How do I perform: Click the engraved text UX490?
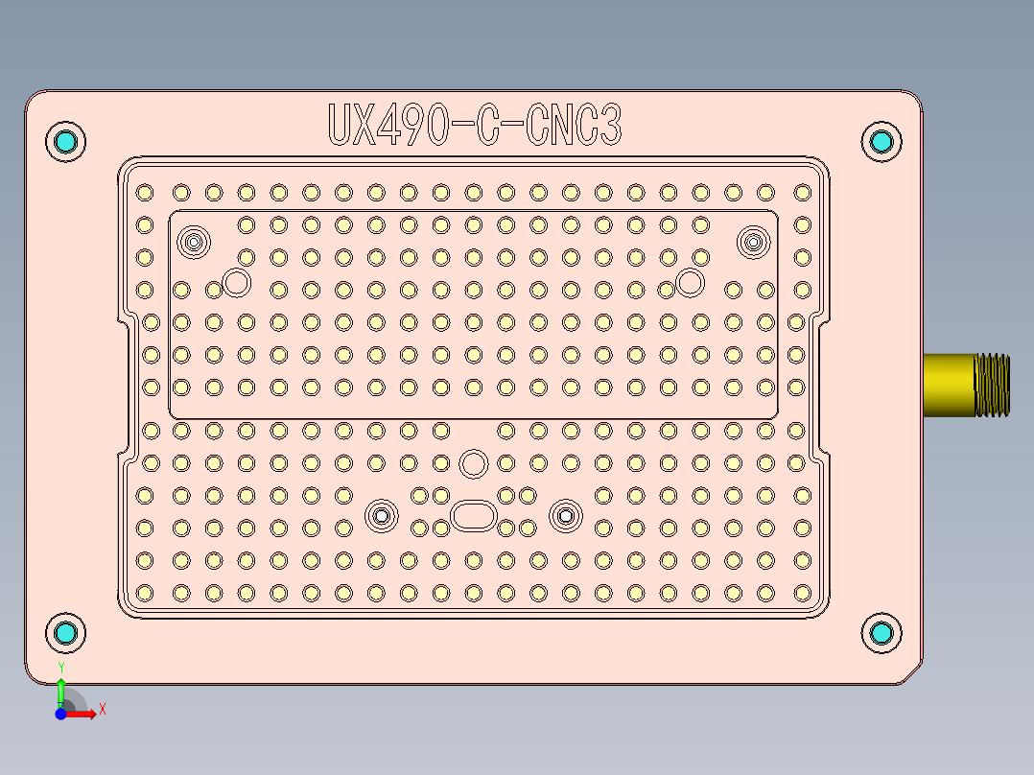pos(388,125)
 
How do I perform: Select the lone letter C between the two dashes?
pos(486,125)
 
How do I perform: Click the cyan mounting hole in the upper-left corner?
pos(66,142)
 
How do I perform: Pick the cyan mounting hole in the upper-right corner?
pos(881,142)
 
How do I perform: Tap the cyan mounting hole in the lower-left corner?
pos(66,632)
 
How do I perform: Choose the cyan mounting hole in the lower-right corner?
pos(881,632)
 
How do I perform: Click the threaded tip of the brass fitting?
pos(992,385)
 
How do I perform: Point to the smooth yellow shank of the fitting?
pos(948,385)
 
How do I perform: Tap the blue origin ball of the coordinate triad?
pos(60,714)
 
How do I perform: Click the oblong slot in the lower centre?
pos(473,515)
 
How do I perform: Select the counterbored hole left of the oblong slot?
pos(382,515)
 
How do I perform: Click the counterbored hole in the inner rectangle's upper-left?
pos(195,242)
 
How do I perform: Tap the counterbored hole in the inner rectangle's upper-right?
pos(754,242)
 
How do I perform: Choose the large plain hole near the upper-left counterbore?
pos(236,282)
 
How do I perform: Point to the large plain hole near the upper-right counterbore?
pos(689,282)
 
